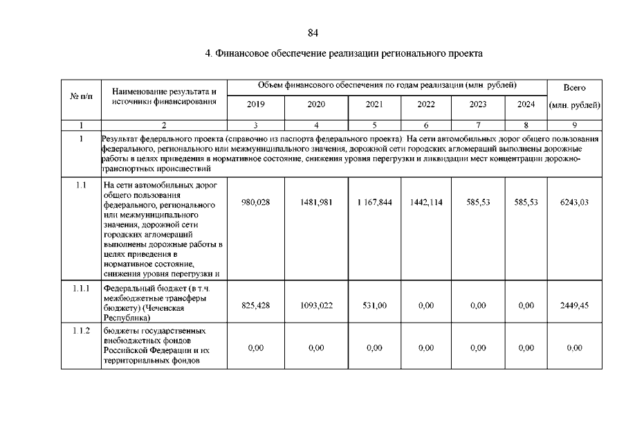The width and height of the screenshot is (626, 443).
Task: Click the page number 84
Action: click(x=313, y=33)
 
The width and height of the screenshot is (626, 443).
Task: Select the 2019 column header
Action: click(x=255, y=105)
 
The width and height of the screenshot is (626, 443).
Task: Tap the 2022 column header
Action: click(x=426, y=105)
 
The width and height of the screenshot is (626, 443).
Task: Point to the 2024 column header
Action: click(x=526, y=105)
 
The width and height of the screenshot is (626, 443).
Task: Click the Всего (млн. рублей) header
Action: click(x=574, y=97)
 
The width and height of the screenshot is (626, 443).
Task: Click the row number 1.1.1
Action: click(x=81, y=287)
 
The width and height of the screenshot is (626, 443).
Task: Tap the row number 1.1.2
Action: click(x=81, y=330)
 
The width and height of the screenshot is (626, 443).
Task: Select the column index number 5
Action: click(x=374, y=125)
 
